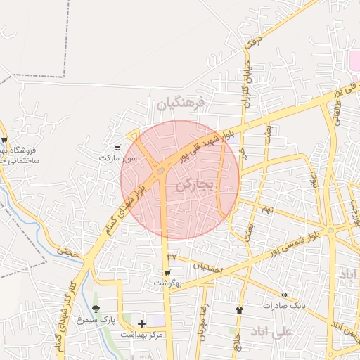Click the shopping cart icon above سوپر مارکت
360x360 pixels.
117,148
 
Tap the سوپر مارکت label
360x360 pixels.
117,158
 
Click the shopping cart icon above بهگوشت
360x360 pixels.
167,273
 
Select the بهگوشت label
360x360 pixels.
168,283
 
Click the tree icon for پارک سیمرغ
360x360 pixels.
96,309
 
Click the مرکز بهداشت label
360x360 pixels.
141,334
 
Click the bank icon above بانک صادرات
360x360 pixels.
284,295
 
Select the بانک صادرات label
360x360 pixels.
282,305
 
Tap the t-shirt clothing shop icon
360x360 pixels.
239,309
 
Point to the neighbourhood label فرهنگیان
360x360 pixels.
180,104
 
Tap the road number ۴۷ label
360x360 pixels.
173,256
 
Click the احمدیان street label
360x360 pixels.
207,268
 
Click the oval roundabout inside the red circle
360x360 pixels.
161,171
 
